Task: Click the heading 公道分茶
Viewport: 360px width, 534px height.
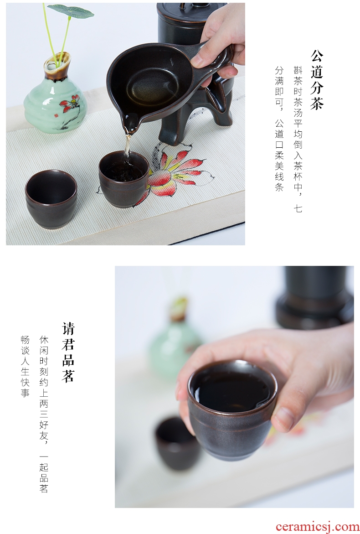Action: (316, 80)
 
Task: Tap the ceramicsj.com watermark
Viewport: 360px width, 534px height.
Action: (317, 527)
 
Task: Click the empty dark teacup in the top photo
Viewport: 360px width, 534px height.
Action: (51, 198)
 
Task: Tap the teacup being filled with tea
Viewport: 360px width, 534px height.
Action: (124, 179)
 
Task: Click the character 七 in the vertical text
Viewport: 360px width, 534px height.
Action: (298, 208)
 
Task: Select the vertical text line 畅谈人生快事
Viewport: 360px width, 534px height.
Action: (25, 367)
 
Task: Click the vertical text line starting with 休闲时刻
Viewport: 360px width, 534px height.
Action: (44, 414)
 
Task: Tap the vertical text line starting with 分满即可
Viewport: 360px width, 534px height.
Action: (279, 129)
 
